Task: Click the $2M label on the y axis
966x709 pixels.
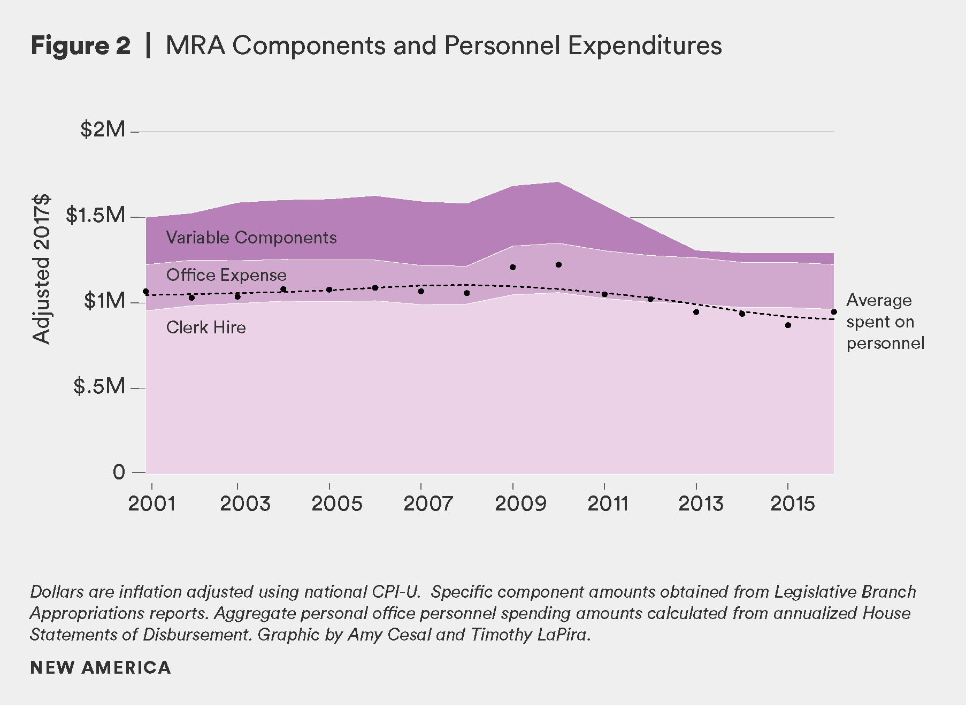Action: [x=103, y=129]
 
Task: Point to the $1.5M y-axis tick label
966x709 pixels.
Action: [x=95, y=215]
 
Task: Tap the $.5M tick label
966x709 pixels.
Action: [x=99, y=386]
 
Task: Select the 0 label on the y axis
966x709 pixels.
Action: [x=119, y=472]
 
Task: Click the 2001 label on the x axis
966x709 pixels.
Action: [x=152, y=504]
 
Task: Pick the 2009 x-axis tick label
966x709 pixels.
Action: [x=520, y=504]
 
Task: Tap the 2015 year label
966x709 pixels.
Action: [x=793, y=504]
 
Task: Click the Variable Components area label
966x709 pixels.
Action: [x=251, y=238]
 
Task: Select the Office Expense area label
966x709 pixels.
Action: [x=226, y=275]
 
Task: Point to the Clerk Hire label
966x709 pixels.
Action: [x=206, y=327]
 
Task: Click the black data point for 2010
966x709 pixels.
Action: [x=558, y=265]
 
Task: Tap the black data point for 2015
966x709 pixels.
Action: [x=788, y=325]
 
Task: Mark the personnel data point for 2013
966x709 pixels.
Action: [x=696, y=312]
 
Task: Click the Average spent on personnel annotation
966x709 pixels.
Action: [x=885, y=322]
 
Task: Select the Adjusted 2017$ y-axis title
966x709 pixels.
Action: [x=41, y=268]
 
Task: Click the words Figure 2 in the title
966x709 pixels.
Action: [x=80, y=45]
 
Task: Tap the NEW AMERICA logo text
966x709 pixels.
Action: [x=101, y=667]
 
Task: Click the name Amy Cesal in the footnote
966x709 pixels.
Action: [x=389, y=635]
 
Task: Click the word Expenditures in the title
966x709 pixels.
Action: [x=645, y=45]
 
